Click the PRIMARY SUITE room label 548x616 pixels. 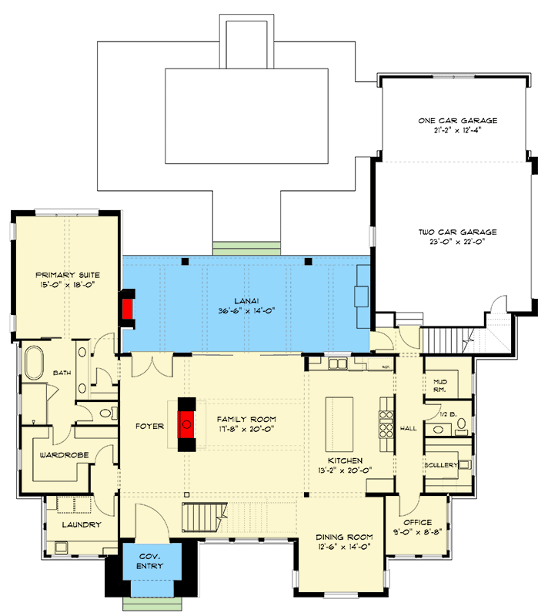tap(67, 275)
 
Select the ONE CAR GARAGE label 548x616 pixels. tap(457, 121)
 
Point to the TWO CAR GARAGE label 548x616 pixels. tap(457, 232)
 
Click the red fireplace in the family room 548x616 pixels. tap(186, 423)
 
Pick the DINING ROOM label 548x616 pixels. tap(345, 537)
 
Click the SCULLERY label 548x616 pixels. tap(441, 465)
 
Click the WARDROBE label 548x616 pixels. tap(63, 455)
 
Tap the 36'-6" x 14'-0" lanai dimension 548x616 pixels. tap(247, 311)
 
